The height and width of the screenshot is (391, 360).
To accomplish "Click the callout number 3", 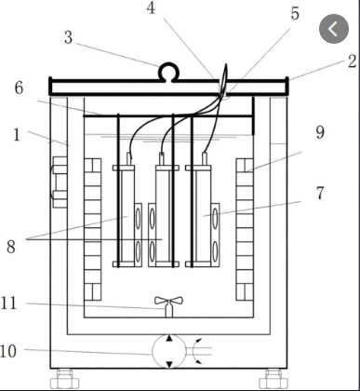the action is pos(69,37).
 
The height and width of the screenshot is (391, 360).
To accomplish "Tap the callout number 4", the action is pos(151,8).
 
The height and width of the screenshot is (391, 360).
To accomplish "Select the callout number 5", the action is pos(295,13).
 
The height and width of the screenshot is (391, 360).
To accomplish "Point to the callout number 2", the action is pos(352,61).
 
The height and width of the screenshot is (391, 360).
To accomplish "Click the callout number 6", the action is pos(19,88).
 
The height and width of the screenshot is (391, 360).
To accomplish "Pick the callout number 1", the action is pos(17,135).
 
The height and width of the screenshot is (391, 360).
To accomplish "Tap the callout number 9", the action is pos(320,132).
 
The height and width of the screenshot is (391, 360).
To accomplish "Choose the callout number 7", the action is pos(320,193).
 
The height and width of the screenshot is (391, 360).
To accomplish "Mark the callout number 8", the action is pos(11,247).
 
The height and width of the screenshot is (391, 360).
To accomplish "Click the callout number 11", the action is pos(8,303).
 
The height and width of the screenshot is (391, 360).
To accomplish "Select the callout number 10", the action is pos(8,351).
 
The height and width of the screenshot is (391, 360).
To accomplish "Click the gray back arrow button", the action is pos(334,29).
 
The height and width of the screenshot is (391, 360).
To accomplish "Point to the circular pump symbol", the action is pos(169,351).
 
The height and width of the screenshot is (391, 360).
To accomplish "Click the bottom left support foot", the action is pos(65,378).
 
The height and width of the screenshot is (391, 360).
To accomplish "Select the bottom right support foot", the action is pos(273,378).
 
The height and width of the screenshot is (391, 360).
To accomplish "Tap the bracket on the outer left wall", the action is pos(59,182).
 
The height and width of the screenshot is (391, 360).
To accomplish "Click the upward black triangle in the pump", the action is pos(169,338).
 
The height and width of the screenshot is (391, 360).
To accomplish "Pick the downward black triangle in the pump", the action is pos(169,364).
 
